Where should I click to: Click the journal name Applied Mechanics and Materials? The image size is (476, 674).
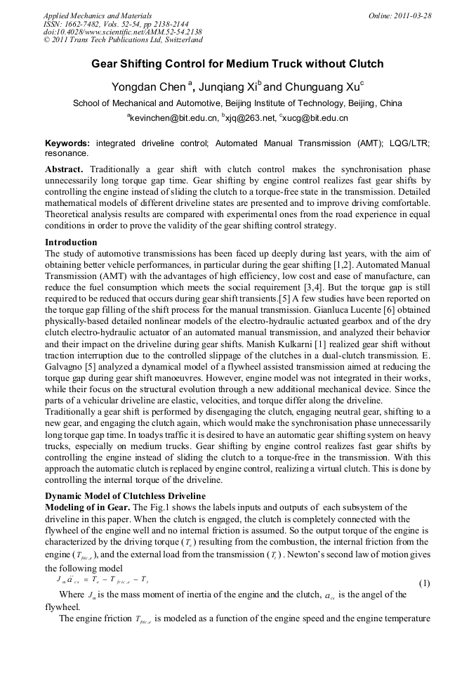point(98,15)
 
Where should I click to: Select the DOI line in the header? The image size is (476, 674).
point(123,32)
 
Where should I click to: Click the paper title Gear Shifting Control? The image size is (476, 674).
point(237,64)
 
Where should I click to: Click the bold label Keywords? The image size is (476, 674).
point(67,143)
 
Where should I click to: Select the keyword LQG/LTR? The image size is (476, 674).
point(408,143)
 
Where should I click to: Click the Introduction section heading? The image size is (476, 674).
point(71,242)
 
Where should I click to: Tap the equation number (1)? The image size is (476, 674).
point(424,584)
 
